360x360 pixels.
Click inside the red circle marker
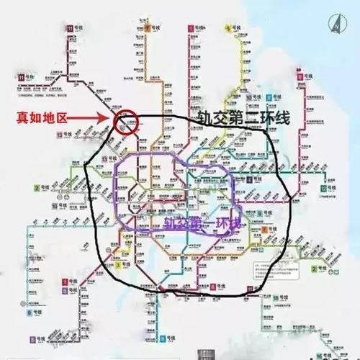pyautogui.click(x=125, y=120)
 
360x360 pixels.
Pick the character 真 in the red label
pyautogui.click(x=21, y=116)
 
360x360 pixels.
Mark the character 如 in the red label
pyautogui.click(x=36, y=116)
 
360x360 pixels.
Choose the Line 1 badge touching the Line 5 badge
pyautogui.click(x=64, y=280)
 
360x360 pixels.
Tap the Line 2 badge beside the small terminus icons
pyautogui.click(x=36, y=189)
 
